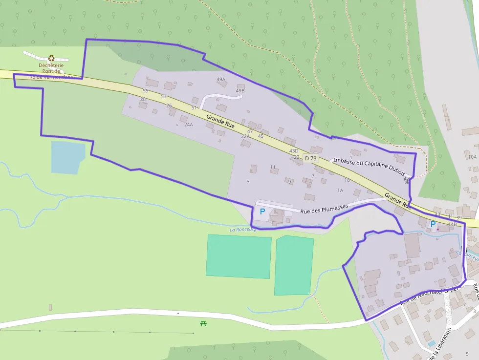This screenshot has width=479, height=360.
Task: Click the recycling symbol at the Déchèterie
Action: tap(51, 58)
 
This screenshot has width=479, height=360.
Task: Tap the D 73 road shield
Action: tap(310, 158)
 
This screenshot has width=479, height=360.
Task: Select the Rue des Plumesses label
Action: tap(324, 209)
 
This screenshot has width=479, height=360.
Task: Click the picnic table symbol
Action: tap(203, 323)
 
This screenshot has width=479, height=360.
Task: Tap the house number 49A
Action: tap(221, 79)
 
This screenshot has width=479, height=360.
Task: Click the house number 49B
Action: tap(240, 91)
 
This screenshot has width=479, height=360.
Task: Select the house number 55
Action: tap(145, 91)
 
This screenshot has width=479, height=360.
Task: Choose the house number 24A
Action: tap(189, 125)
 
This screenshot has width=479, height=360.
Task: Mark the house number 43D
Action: tap(294, 151)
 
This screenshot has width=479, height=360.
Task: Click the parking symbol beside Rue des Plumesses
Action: tap(262, 212)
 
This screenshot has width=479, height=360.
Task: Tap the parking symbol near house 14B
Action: tap(433, 224)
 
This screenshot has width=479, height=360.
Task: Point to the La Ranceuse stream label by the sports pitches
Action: tap(243, 230)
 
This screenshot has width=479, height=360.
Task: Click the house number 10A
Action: tap(472, 157)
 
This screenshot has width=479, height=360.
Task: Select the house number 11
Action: tap(273, 167)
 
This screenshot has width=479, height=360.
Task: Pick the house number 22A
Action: tap(245, 136)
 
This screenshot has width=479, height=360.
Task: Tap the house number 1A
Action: tap(340, 190)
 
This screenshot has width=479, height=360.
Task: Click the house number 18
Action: tap(347, 180)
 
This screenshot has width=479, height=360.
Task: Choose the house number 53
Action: tap(164, 96)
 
